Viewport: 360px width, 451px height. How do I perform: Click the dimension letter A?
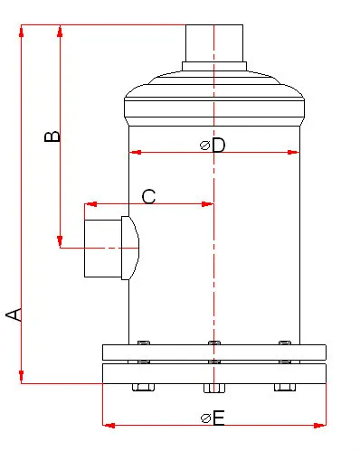14,315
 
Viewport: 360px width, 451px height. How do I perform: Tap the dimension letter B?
52,136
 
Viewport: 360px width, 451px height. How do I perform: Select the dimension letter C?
148,196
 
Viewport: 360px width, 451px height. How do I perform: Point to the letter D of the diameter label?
218,146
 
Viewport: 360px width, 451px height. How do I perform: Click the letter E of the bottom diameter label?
219,418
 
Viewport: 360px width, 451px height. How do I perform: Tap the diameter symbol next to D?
205,146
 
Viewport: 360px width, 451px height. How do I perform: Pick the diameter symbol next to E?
206,418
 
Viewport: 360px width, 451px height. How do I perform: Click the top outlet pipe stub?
214,43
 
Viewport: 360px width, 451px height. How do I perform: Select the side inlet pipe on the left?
103,249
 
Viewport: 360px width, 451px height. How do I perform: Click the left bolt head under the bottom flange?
143,387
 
